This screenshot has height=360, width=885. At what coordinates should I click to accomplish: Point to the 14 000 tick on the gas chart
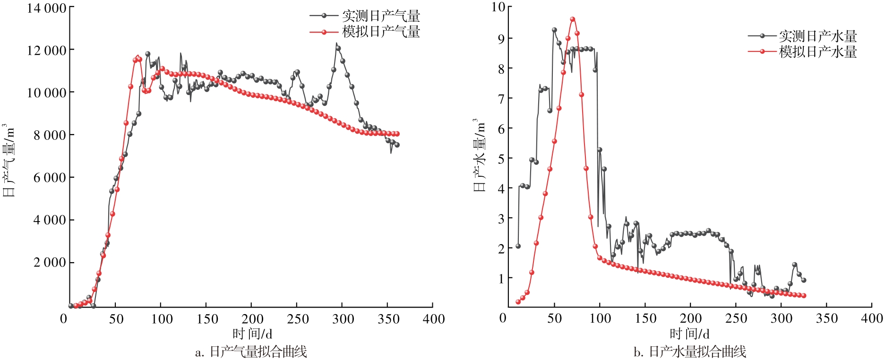click(46, 8)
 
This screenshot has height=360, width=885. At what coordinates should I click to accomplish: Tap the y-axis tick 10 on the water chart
click(498, 7)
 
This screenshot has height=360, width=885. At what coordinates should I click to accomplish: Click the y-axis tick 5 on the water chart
click(502, 159)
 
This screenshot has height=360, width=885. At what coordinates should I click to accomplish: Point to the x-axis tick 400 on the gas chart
click(433, 319)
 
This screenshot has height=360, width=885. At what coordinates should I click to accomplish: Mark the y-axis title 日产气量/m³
click(9, 161)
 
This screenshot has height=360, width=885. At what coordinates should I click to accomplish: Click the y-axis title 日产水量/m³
click(480, 155)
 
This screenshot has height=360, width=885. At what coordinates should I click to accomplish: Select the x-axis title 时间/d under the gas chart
click(252, 334)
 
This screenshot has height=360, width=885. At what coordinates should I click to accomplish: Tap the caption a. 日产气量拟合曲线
click(251, 352)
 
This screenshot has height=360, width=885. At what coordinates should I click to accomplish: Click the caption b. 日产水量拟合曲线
click(689, 352)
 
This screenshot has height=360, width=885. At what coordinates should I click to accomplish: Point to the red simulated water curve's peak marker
click(572, 19)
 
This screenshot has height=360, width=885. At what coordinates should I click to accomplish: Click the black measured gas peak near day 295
click(338, 48)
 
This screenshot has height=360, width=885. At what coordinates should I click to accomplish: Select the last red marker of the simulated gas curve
click(397, 134)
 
